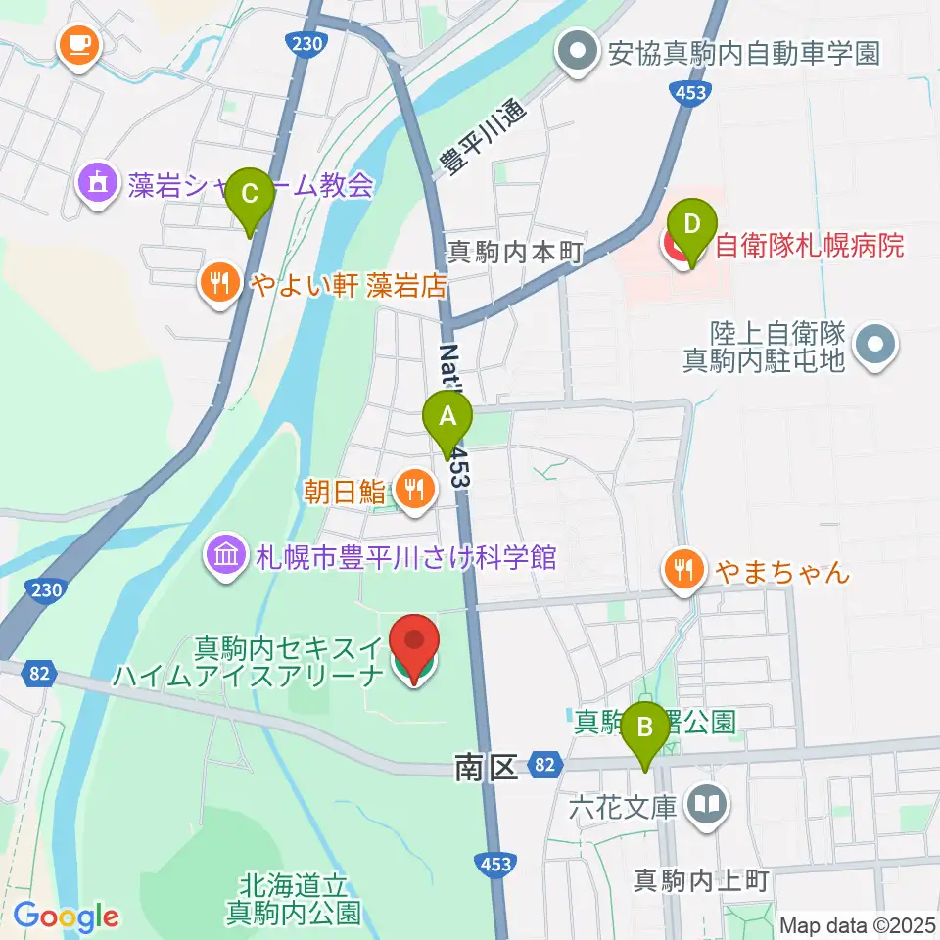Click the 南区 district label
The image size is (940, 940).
pyautogui.click(x=486, y=768)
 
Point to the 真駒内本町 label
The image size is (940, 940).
pyautogui.click(x=515, y=253)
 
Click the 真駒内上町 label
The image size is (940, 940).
pyautogui.click(x=702, y=879)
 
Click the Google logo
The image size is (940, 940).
pyautogui.click(x=66, y=916)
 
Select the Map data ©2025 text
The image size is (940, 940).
pyautogui.click(x=857, y=924)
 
